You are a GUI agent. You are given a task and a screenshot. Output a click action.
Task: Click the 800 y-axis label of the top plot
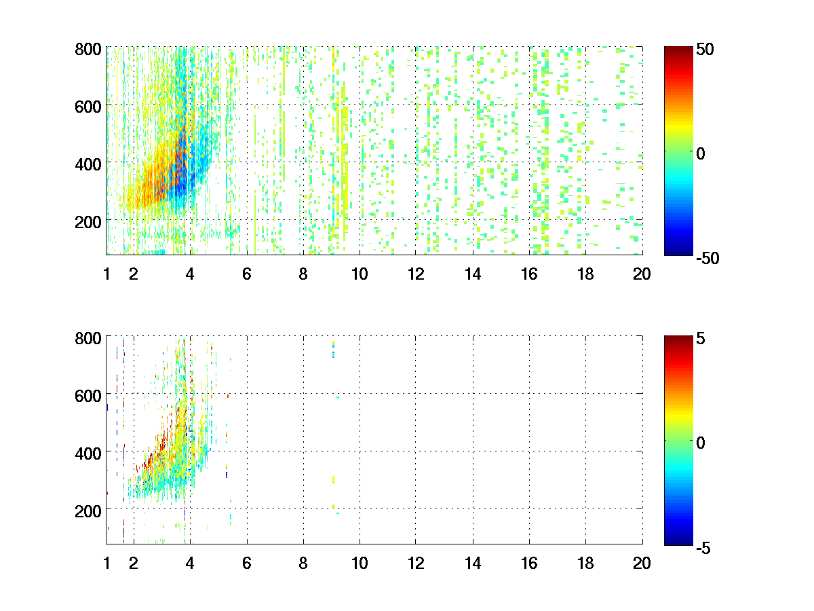click(88, 50)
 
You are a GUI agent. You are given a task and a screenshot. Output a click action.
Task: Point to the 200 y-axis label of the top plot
click(88, 221)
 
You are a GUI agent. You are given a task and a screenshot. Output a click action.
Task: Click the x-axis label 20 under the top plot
click(642, 274)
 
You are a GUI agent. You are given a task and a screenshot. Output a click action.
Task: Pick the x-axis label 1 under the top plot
click(106, 274)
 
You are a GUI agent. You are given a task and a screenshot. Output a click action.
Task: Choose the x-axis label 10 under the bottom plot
click(360, 563)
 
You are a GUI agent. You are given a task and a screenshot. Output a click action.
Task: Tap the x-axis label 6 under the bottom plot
click(246, 563)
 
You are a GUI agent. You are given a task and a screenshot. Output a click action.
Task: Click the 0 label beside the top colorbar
click(701, 154)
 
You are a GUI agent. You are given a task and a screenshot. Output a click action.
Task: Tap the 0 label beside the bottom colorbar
click(701, 443)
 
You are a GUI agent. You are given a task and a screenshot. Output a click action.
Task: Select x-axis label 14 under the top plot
click(473, 274)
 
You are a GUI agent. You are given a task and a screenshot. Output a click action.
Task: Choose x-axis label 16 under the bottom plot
click(529, 563)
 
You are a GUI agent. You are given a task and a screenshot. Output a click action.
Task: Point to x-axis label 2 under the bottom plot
click(134, 563)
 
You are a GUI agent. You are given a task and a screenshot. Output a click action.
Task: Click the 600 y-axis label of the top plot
click(88, 107)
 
